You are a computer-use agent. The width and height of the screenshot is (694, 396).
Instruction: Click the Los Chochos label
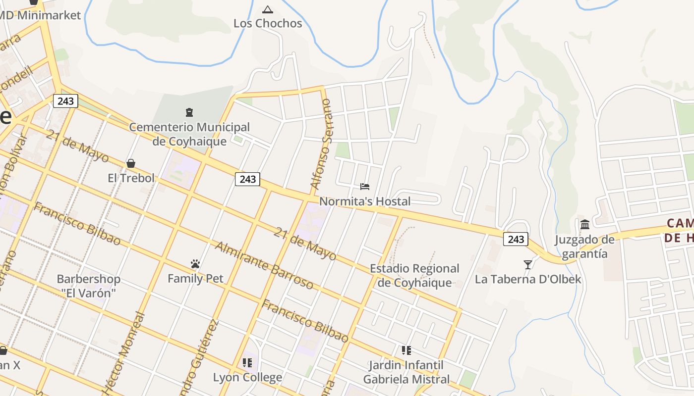click(x=268, y=23)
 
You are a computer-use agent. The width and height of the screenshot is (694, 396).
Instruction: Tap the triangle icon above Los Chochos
click(x=268, y=9)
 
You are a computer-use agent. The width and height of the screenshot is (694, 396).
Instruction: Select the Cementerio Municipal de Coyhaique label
click(x=189, y=134)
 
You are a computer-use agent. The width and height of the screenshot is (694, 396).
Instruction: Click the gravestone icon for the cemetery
click(x=189, y=112)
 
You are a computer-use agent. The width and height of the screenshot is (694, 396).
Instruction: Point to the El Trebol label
click(x=131, y=178)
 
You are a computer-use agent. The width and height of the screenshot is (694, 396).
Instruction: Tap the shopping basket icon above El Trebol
click(x=131, y=163)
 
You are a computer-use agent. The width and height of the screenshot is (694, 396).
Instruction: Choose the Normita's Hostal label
click(x=365, y=201)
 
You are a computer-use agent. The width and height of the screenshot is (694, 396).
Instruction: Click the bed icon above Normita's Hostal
click(x=365, y=187)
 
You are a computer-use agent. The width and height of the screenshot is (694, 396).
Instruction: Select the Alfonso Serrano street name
click(x=321, y=144)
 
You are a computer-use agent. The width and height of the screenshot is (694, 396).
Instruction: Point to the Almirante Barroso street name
click(x=264, y=265)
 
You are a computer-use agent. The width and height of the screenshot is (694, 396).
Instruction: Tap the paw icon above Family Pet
click(x=195, y=264)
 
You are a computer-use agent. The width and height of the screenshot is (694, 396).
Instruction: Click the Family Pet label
click(x=195, y=279)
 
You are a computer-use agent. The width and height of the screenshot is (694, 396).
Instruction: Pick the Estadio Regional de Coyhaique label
click(x=415, y=276)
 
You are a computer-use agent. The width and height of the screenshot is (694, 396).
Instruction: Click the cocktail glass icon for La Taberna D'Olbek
click(x=528, y=265)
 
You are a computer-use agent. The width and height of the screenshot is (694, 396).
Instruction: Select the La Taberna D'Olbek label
click(x=528, y=280)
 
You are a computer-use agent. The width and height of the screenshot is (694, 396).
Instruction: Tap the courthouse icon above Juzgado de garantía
click(x=585, y=224)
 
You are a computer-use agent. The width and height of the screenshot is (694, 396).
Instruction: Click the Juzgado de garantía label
click(x=585, y=247)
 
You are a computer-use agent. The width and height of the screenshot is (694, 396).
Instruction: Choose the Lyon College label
click(x=247, y=377)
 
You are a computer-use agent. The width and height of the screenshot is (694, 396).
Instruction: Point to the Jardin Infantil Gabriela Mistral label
click(x=406, y=372)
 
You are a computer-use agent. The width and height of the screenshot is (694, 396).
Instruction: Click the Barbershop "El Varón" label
click(x=89, y=286)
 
